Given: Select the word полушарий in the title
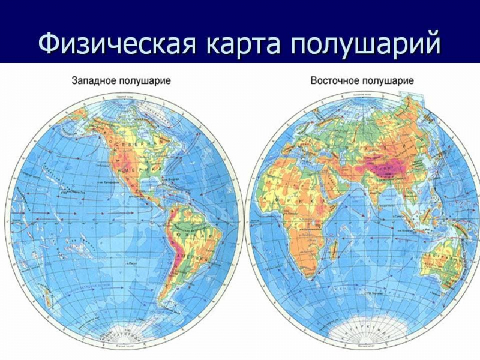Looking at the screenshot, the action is click(366, 43).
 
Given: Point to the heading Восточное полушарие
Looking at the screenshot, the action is click(362, 80).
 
